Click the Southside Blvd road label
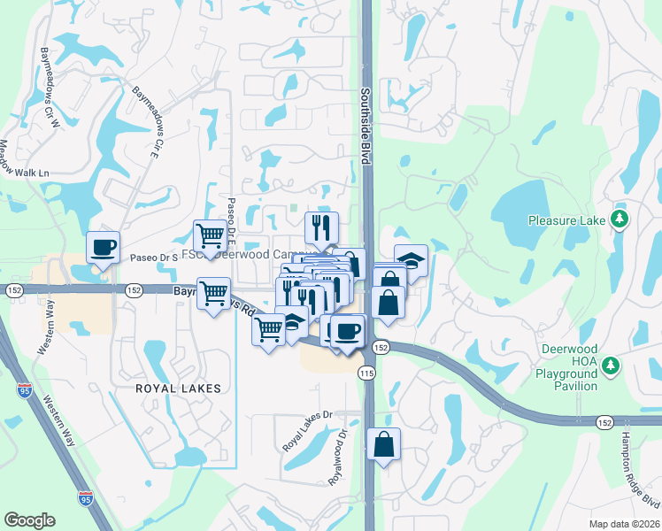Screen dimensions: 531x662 coord(364,125)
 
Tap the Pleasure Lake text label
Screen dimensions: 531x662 coord(566,219)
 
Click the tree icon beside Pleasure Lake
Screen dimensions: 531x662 coord(620,219)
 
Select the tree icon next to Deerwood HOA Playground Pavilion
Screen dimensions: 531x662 coord(610,365)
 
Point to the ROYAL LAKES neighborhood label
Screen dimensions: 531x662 coord(177,389)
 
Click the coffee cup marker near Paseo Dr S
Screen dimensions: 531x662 coord(103,247)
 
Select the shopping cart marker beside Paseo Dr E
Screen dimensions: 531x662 coord(210,235)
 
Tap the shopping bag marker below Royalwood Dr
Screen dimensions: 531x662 coord(383,443)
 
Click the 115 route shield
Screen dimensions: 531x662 coord(367,375)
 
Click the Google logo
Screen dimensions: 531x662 coord(29,520)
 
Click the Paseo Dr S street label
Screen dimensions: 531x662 coord(155,258)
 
